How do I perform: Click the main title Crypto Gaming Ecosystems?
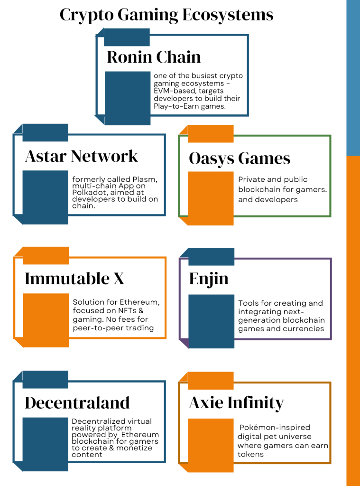tap(166, 15)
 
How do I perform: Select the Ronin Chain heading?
tap(154, 57)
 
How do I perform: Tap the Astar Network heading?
tap(82, 156)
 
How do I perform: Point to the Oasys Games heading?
tap(240, 159)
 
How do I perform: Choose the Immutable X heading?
tap(74, 278)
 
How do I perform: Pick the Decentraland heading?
tap(77, 402)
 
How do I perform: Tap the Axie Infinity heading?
tap(236, 403)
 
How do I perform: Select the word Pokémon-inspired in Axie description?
tap(275, 428)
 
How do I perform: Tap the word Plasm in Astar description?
tap(145, 179)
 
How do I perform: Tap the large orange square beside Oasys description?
tap(211, 198)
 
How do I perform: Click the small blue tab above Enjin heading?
tap(211, 257)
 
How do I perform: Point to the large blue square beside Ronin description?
tap(128, 98)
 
